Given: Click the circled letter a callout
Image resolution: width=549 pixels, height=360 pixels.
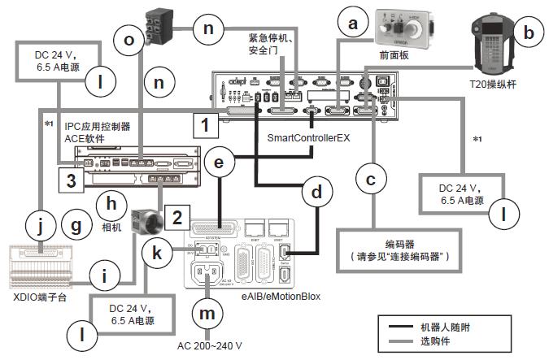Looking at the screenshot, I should point(353,24).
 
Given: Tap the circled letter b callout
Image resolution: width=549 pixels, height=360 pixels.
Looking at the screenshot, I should point(529,33).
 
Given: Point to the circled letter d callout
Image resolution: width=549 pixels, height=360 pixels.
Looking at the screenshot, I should point(316,193).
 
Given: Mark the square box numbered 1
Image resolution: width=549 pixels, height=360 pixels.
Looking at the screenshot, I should point(206,126).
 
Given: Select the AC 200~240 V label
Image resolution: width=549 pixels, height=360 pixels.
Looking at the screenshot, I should point(213,345).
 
